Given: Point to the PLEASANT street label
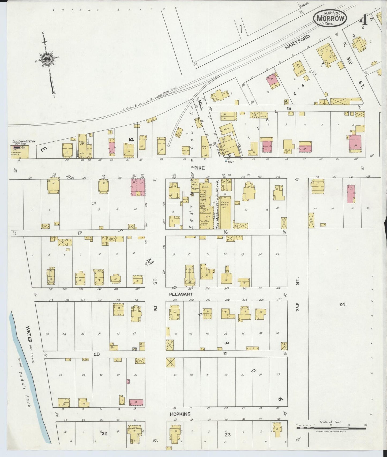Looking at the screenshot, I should pos(181,294).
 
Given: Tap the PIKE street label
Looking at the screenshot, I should pos(200,168).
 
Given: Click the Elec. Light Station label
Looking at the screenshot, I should pos(24,142).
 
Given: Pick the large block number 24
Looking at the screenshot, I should pos(343,304).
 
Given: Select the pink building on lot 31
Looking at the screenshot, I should pos(351,193).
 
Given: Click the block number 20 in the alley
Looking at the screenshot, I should pos(97,354).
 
